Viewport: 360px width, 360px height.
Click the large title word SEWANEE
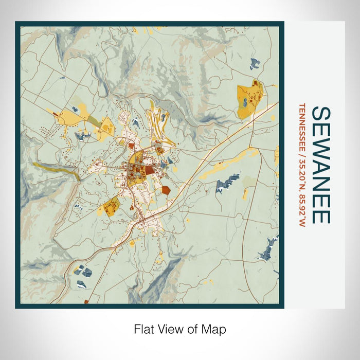(x=320, y=165)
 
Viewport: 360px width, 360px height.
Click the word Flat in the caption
(x=143, y=329)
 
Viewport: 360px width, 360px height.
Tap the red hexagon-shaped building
(x=166, y=190)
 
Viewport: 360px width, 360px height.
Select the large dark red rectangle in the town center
(x=148, y=170)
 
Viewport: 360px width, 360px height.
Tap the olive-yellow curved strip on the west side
(x=57, y=169)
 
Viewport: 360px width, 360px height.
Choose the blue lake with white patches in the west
(x=82, y=136)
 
